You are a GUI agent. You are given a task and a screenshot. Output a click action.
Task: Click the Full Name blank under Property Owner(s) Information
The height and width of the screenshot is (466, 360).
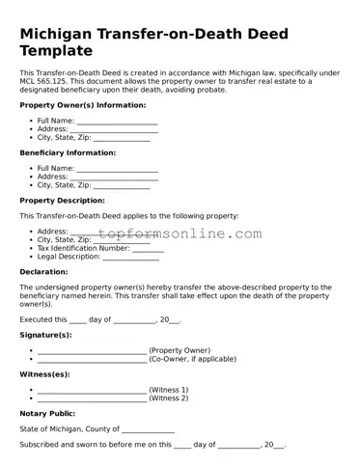117,121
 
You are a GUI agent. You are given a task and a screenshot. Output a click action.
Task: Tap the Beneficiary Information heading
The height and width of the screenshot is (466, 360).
68,152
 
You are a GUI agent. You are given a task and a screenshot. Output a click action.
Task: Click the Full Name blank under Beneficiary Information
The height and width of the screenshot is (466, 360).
117,169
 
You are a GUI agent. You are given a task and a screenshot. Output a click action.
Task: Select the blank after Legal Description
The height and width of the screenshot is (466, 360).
130,257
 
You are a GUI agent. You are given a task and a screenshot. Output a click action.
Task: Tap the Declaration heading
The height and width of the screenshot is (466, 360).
43,272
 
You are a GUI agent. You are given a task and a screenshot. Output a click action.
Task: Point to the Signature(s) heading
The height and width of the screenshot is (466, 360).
45,334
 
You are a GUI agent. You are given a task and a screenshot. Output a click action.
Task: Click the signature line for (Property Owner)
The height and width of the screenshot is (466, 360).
91,350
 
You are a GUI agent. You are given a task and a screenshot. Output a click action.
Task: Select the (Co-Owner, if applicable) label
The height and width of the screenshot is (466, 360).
192,358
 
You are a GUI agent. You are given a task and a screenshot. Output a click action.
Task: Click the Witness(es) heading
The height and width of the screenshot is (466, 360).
44,373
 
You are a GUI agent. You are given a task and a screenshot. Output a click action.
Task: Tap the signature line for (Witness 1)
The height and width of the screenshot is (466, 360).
91,390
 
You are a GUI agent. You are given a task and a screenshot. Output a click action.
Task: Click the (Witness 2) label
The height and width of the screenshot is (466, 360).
169,397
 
